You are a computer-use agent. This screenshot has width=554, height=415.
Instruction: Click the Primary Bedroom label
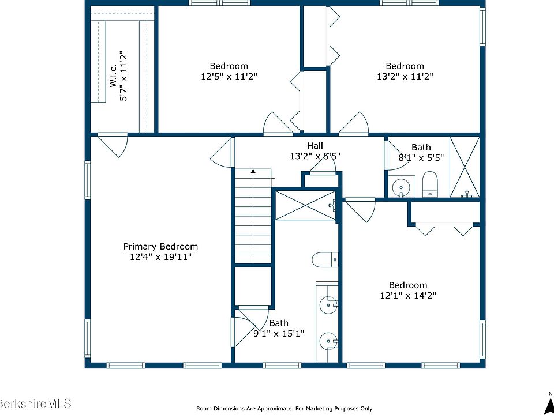pyautogui.click(x=160, y=246)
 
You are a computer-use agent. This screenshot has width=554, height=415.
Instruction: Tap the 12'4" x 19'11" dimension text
pyautogui.click(x=161, y=256)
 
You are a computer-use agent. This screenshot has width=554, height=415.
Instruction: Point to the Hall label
pyautogui.click(x=315, y=145)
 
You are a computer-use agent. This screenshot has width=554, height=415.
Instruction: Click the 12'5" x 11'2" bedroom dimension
pyautogui.click(x=229, y=76)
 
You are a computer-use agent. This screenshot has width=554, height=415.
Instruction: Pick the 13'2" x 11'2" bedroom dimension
pyautogui.click(x=405, y=76)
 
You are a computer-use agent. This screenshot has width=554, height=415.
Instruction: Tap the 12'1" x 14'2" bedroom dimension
pyautogui.click(x=408, y=295)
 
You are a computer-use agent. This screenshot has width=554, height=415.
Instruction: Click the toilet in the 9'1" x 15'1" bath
pyautogui.click(x=325, y=260)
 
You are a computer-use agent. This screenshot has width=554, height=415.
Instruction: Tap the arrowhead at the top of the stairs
pyautogui.click(x=253, y=172)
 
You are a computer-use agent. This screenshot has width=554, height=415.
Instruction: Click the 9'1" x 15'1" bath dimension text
pyautogui.click(x=279, y=333)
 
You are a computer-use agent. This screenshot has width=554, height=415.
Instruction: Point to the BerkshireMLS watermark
pyautogui.click(x=35, y=403)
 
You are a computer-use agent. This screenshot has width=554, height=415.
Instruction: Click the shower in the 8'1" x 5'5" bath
pyautogui.click(x=465, y=167)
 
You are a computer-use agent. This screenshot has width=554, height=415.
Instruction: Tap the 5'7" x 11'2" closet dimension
pyautogui.click(x=123, y=76)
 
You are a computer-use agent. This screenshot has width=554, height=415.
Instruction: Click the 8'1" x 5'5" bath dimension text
pyautogui.click(x=421, y=157)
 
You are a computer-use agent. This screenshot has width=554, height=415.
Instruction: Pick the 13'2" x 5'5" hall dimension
pyautogui.click(x=315, y=156)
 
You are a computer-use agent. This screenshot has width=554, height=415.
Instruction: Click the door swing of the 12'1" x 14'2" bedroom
pyautogui.click(x=360, y=210)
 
